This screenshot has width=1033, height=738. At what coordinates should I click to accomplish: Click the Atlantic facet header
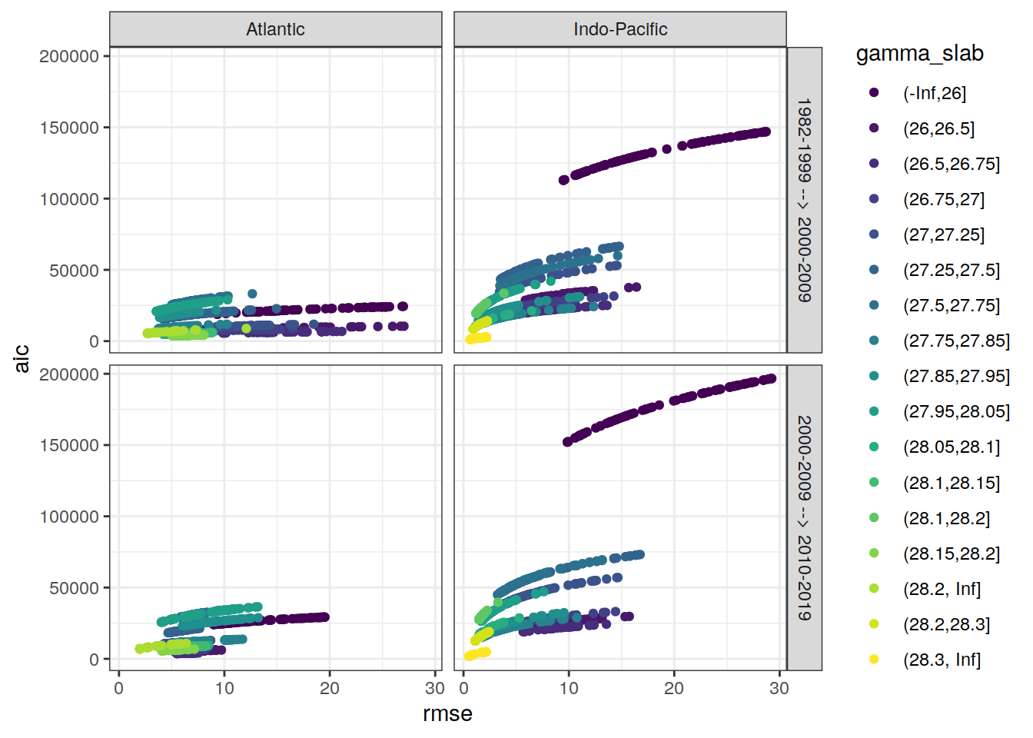coord(275,29)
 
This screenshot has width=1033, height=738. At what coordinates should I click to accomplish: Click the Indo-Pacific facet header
coord(620,29)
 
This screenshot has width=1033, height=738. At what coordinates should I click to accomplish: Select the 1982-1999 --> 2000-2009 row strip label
coord(804,200)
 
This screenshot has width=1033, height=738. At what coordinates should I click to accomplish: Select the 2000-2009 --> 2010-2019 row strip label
coord(804,517)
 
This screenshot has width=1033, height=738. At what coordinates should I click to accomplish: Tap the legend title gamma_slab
coord(919,54)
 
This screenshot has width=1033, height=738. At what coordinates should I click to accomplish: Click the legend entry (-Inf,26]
coord(934,93)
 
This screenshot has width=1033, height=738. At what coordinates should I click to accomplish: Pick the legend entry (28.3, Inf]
coord(942,660)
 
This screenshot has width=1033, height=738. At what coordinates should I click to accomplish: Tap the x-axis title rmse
coord(447,714)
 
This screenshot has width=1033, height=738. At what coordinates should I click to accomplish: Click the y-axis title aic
coord(22,358)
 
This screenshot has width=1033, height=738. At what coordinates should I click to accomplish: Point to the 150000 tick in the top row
coord(69,128)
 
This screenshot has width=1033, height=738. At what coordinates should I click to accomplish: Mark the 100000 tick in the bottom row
coord(69,517)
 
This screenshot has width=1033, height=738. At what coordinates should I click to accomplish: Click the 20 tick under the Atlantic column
coord(329,688)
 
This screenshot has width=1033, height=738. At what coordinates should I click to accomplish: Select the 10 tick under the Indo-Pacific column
coord(569,688)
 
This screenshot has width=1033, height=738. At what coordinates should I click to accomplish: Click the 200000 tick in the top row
coord(69,56)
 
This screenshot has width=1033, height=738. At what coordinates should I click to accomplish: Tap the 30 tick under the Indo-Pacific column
coord(779,688)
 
